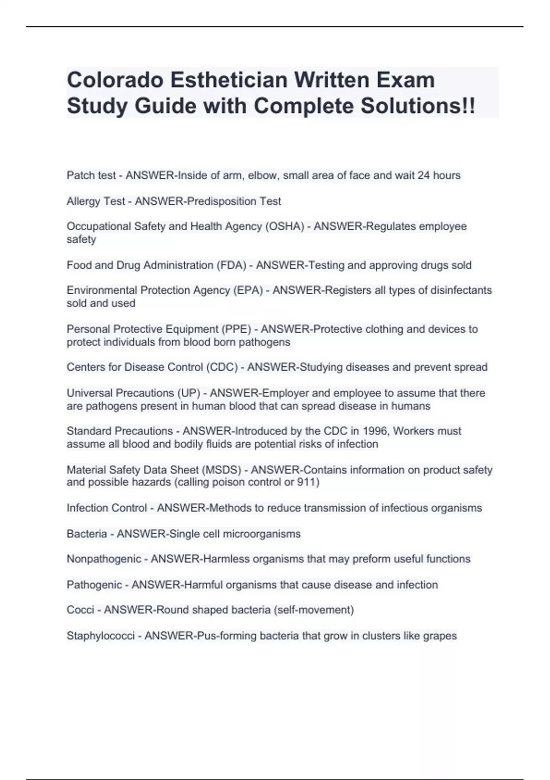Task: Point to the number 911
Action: [x=307, y=482]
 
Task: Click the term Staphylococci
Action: [x=100, y=636]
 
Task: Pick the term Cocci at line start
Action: [x=80, y=610]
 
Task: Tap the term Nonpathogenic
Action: [x=104, y=559]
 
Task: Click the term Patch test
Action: [x=91, y=175]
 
